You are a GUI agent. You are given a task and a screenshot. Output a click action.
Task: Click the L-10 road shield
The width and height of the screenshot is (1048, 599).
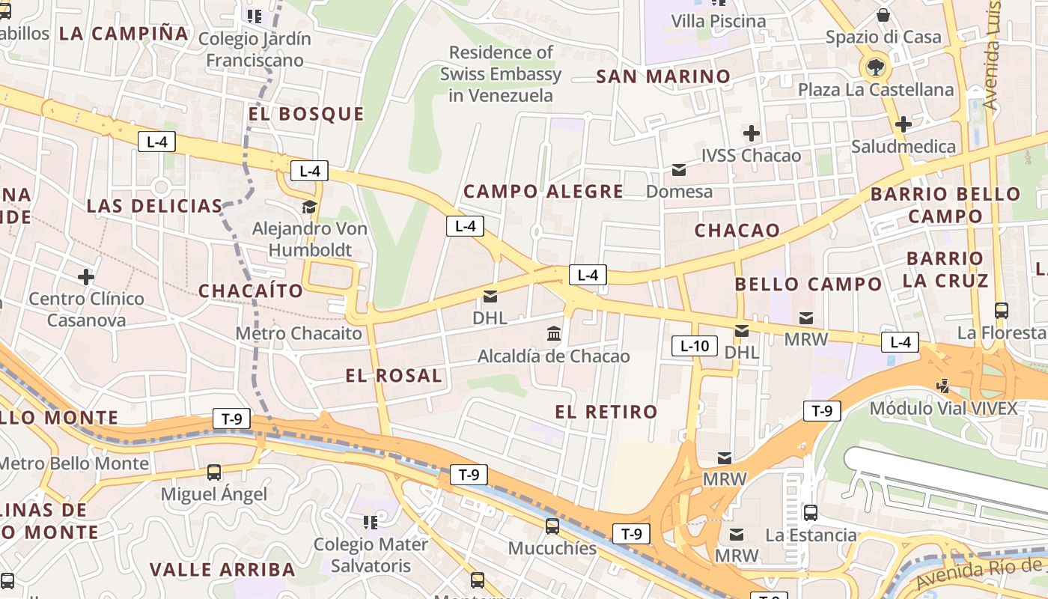tap(694, 346)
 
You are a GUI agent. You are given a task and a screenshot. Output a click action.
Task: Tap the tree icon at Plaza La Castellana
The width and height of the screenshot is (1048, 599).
tap(874, 67)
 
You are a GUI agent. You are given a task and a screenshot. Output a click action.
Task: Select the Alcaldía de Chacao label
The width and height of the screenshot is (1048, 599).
tap(554, 356)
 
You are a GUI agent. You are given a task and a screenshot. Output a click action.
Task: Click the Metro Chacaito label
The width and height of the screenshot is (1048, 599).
tap(299, 333)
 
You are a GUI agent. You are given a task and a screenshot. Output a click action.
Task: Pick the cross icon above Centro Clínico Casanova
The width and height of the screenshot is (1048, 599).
tap(86, 277)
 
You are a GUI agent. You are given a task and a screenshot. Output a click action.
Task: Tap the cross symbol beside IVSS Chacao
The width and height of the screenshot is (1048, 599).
tap(751, 134)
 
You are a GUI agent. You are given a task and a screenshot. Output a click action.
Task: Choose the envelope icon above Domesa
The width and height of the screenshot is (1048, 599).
tap(679, 170)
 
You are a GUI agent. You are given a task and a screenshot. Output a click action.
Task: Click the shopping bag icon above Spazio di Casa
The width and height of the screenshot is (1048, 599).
tap(883, 14)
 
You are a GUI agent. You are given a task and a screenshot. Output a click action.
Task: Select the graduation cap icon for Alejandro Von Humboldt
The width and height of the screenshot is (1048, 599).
tap(309, 207)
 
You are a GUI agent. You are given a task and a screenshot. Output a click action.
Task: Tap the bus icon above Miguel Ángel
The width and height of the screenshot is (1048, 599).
tap(214, 472)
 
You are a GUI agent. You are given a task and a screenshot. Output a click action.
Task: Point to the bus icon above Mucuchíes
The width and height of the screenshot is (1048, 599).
tap(552, 526)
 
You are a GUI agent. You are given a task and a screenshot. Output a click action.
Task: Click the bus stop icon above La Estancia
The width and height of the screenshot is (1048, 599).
tap(811, 513)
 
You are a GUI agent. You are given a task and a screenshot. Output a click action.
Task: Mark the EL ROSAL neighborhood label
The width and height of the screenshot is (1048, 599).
tap(394, 376)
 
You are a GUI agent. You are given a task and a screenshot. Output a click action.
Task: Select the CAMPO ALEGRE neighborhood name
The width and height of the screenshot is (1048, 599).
tap(543, 192)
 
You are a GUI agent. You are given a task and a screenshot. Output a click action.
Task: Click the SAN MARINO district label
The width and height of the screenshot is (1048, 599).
tap(662, 76)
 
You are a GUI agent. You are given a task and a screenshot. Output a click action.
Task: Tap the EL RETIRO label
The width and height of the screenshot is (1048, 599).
tap(606, 411)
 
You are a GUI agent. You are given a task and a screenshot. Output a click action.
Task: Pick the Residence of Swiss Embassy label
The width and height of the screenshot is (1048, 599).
tap(500, 74)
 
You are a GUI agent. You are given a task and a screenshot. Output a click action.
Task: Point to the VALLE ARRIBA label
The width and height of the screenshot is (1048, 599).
tap(222, 570)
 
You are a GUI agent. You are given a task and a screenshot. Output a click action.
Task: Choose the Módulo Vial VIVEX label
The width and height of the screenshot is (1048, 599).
tap(943, 408)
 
